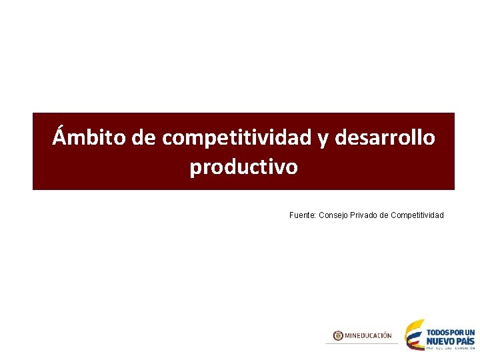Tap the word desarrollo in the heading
(x=386, y=137)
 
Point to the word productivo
(x=244, y=167)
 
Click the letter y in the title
(x=323, y=139)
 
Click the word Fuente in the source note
(x=303, y=215)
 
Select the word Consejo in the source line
(x=333, y=215)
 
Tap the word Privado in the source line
(x=364, y=215)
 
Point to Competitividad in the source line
(x=417, y=215)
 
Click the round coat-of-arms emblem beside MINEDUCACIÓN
(x=338, y=335)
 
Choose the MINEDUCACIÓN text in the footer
(x=368, y=335)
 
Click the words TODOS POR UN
(x=451, y=331)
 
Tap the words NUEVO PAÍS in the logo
(x=451, y=340)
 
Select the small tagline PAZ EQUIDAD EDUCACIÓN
(x=451, y=348)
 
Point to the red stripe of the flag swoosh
(x=415, y=345)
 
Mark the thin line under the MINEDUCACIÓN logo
(x=362, y=343)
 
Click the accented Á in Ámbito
(x=60, y=136)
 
